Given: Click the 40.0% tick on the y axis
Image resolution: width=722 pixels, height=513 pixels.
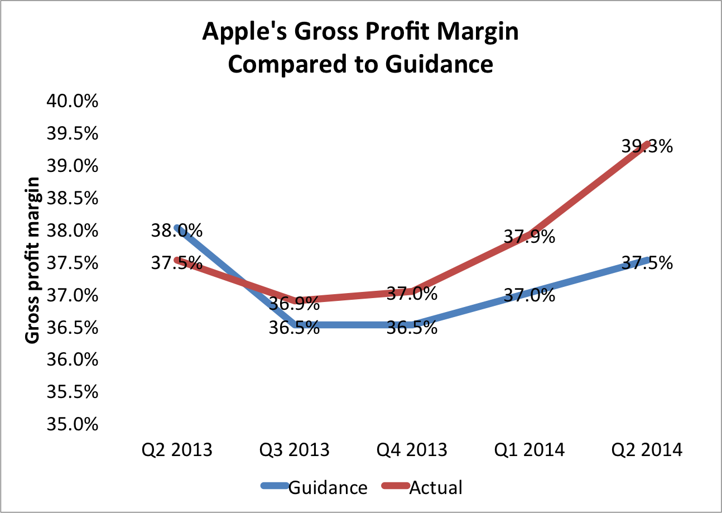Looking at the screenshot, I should (72, 102).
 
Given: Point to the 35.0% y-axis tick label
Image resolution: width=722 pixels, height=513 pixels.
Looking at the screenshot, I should (72, 425).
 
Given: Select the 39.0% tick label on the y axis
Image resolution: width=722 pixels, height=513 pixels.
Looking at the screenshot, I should (72, 166).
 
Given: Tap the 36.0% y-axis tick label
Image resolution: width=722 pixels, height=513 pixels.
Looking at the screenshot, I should (72, 360).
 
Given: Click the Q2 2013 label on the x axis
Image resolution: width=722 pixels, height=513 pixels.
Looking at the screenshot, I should (177, 450).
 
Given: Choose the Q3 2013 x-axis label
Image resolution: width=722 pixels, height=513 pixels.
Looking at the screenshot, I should (295, 450).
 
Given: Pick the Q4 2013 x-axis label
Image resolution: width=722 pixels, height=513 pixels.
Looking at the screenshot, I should (412, 450).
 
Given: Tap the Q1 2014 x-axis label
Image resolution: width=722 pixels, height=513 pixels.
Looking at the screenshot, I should (530, 450).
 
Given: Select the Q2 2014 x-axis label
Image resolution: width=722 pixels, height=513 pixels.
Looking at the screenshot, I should (647, 450).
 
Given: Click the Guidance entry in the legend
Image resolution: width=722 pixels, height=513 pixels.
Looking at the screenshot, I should (328, 487).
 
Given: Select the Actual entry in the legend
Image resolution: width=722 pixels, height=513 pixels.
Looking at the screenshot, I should (436, 487).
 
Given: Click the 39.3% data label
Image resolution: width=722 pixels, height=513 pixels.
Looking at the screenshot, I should (647, 147).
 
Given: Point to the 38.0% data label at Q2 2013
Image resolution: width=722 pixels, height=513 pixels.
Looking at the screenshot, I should (176, 230).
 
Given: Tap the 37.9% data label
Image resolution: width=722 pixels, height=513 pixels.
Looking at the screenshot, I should (530, 237).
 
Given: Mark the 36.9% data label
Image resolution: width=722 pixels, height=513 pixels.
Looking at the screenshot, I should (294, 304).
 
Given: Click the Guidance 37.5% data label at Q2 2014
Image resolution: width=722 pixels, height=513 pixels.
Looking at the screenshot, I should (647, 262).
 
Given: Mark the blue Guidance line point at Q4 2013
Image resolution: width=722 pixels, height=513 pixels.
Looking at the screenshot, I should (412, 324).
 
